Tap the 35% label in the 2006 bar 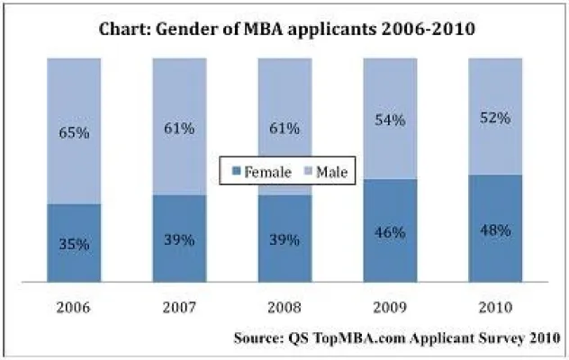(73, 242)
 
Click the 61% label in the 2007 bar (179, 129)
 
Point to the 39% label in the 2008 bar (285, 238)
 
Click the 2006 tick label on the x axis (74, 306)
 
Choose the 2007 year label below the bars (179, 306)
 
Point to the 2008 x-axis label (285, 306)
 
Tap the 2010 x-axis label (495, 306)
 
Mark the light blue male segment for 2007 (179, 99)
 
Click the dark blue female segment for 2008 (285, 261)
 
